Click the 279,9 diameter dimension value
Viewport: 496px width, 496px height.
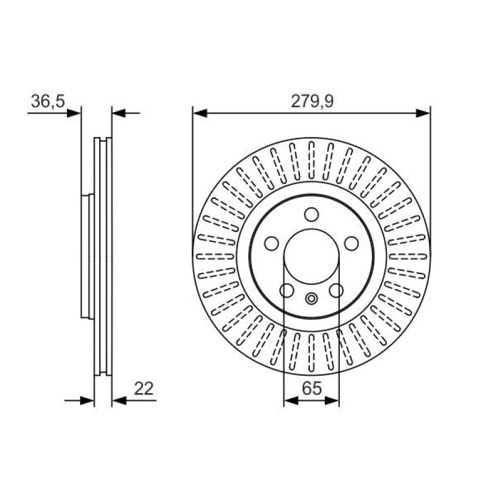312,102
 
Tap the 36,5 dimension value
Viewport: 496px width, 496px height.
48,101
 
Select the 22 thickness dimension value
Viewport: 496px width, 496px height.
144,389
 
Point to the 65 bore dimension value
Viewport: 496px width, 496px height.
312,389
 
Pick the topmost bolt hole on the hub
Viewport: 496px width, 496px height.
312,215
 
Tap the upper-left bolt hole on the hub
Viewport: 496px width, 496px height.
272,244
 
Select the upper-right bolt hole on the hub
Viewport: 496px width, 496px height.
352,244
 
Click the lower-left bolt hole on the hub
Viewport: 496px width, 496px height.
287,290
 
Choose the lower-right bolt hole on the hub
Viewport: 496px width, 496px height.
336,290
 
